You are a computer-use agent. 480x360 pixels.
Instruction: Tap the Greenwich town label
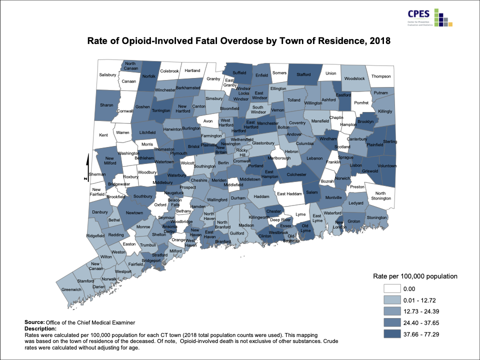(x=71, y=289)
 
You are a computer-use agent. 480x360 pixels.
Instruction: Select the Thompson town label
(x=381, y=76)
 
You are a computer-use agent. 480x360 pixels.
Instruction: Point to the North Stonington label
(x=381, y=195)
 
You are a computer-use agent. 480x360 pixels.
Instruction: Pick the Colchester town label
(x=296, y=174)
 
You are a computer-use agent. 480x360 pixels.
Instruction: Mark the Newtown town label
(x=134, y=213)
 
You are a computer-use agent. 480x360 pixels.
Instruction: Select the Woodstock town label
(x=354, y=78)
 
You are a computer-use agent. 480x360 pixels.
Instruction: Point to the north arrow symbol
(x=87, y=166)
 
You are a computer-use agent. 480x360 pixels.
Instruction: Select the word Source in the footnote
(x=34, y=323)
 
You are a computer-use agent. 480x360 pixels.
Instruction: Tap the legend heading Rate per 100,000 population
(x=415, y=276)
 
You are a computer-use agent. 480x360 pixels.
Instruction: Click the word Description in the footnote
(x=40, y=328)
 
